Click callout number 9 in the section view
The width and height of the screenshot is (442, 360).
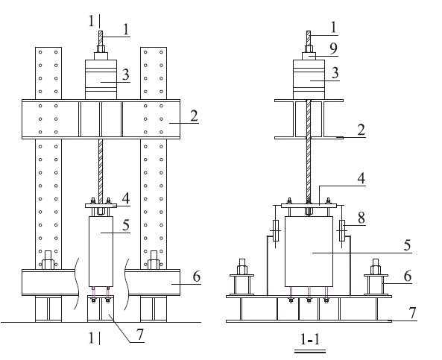[333, 48]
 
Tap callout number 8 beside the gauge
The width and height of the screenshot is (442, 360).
[361, 218]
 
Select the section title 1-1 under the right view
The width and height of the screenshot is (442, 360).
[310, 339]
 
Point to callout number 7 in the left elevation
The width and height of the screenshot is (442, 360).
[140, 335]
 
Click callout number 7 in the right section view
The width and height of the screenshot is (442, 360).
[412, 312]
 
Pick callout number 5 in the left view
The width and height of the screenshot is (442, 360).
[126, 225]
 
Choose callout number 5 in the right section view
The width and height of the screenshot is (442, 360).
[407, 245]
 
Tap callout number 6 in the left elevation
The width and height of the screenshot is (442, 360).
[197, 277]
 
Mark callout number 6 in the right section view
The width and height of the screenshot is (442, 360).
[408, 276]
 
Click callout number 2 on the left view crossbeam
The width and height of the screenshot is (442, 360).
[194, 116]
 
